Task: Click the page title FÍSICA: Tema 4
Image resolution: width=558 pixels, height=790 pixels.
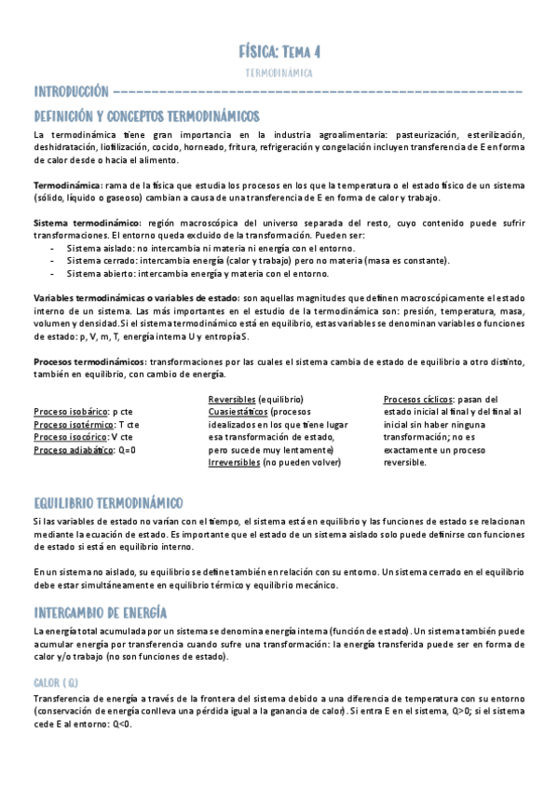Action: (x=279, y=51)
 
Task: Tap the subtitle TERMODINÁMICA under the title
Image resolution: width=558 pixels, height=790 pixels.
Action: (x=279, y=72)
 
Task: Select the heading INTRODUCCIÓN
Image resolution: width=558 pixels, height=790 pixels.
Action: (x=71, y=91)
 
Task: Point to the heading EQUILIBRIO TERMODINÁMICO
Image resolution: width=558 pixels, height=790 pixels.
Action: (x=108, y=501)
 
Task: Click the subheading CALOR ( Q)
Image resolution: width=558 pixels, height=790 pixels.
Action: (x=55, y=683)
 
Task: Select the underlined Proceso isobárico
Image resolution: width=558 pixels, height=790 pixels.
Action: (x=70, y=411)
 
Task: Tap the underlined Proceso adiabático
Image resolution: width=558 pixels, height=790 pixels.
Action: (x=72, y=450)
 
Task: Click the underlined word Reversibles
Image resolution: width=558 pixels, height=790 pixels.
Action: (x=232, y=399)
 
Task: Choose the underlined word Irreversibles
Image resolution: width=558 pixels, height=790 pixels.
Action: (x=234, y=463)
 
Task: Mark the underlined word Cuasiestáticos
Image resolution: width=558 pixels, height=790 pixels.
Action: (x=238, y=411)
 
